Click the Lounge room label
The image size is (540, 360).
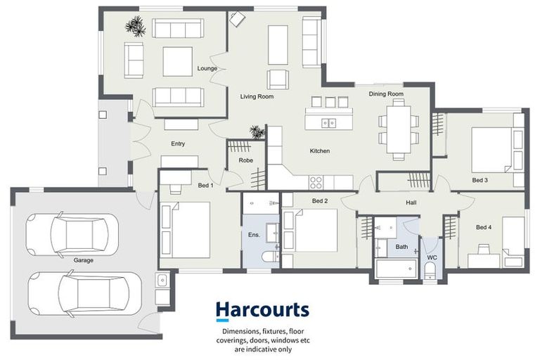coord(207,68)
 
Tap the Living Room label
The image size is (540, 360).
coord(256,97)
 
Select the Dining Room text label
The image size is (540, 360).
coord(386,94)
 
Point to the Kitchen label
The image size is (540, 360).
coord(320,150)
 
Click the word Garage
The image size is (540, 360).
coord(84,259)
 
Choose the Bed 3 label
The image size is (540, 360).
coord(480,181)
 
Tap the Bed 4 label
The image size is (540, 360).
coord(484,227)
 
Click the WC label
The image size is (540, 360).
coord(432,257)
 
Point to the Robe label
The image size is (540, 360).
coord(245,160)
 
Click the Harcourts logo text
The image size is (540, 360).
coord(262,309)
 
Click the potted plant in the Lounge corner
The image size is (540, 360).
coord(135,27)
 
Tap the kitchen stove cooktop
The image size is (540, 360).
coord(316,182)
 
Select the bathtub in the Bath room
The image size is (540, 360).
coord(394,270)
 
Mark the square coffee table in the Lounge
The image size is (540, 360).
coord(177,61)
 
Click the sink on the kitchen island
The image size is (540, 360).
coord(328,123)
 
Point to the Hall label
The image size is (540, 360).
coord(411,203)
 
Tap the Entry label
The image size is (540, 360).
coord(178,144)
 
